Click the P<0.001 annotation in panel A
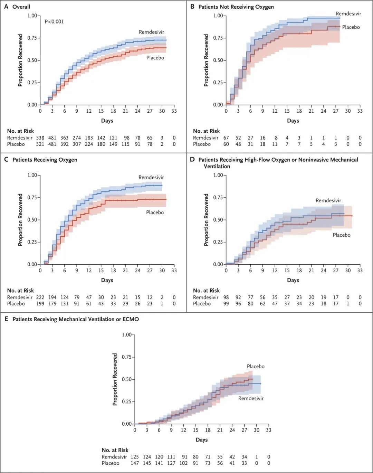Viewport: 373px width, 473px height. tap(54, 21)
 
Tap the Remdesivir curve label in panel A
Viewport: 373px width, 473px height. tap(151, 32)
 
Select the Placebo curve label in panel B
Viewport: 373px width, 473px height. tap(351, 27)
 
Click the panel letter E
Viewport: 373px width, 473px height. tap(6, 319)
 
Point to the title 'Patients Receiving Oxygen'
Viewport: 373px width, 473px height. tap(45, 160)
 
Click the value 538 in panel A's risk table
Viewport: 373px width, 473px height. tap(40, 138)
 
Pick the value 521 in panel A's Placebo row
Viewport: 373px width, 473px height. tap(40, 144)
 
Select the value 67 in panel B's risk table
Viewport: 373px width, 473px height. tap(226, 138)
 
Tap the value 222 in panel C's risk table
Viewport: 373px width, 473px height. tap(40, 297)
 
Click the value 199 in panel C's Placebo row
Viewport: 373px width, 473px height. tap(40, 304)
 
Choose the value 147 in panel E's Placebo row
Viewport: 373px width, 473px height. tap(135, 463)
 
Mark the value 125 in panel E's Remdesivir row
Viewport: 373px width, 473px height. tap(135, 457)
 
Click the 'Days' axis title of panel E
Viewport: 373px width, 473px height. tap(202, 440)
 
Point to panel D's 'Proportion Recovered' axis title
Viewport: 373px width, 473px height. tap(206, 220)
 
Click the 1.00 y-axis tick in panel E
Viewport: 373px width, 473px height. tap(127, 335)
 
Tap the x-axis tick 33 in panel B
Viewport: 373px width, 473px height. tap(360, 111)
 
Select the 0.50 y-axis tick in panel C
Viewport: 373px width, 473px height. tap(32, 220)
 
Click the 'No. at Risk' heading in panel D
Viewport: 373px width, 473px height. tap(206, 291)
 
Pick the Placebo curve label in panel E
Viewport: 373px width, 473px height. tap(256, 366)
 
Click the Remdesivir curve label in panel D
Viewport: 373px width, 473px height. tap(328, 200)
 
